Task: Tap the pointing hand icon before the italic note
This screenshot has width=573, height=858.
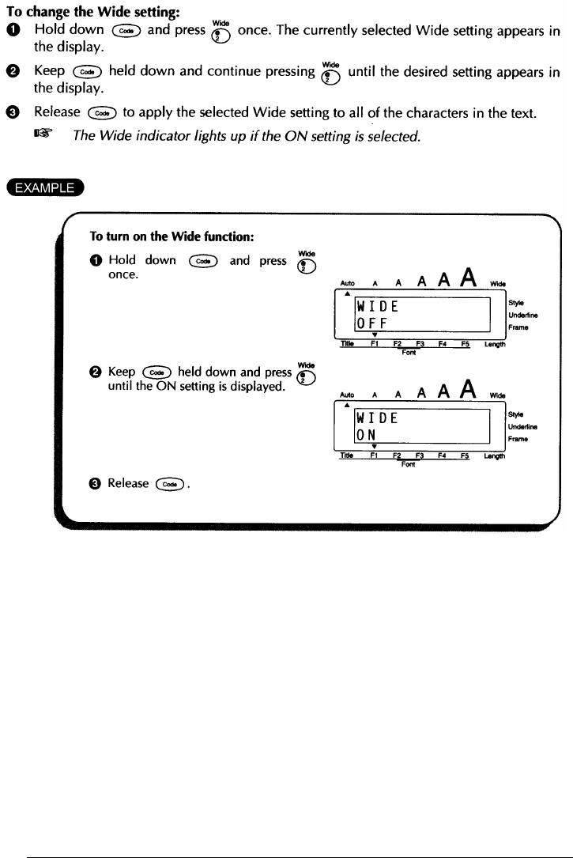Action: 55,134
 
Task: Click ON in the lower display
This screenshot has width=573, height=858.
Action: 366,435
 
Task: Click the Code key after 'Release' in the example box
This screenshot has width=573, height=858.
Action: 170,484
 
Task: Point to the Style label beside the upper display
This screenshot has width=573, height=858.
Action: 517,302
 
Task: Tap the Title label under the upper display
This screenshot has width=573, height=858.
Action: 345,344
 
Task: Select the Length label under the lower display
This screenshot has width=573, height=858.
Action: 495,455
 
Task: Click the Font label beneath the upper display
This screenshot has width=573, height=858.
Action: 409,353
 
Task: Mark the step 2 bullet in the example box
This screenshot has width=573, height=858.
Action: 97,371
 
